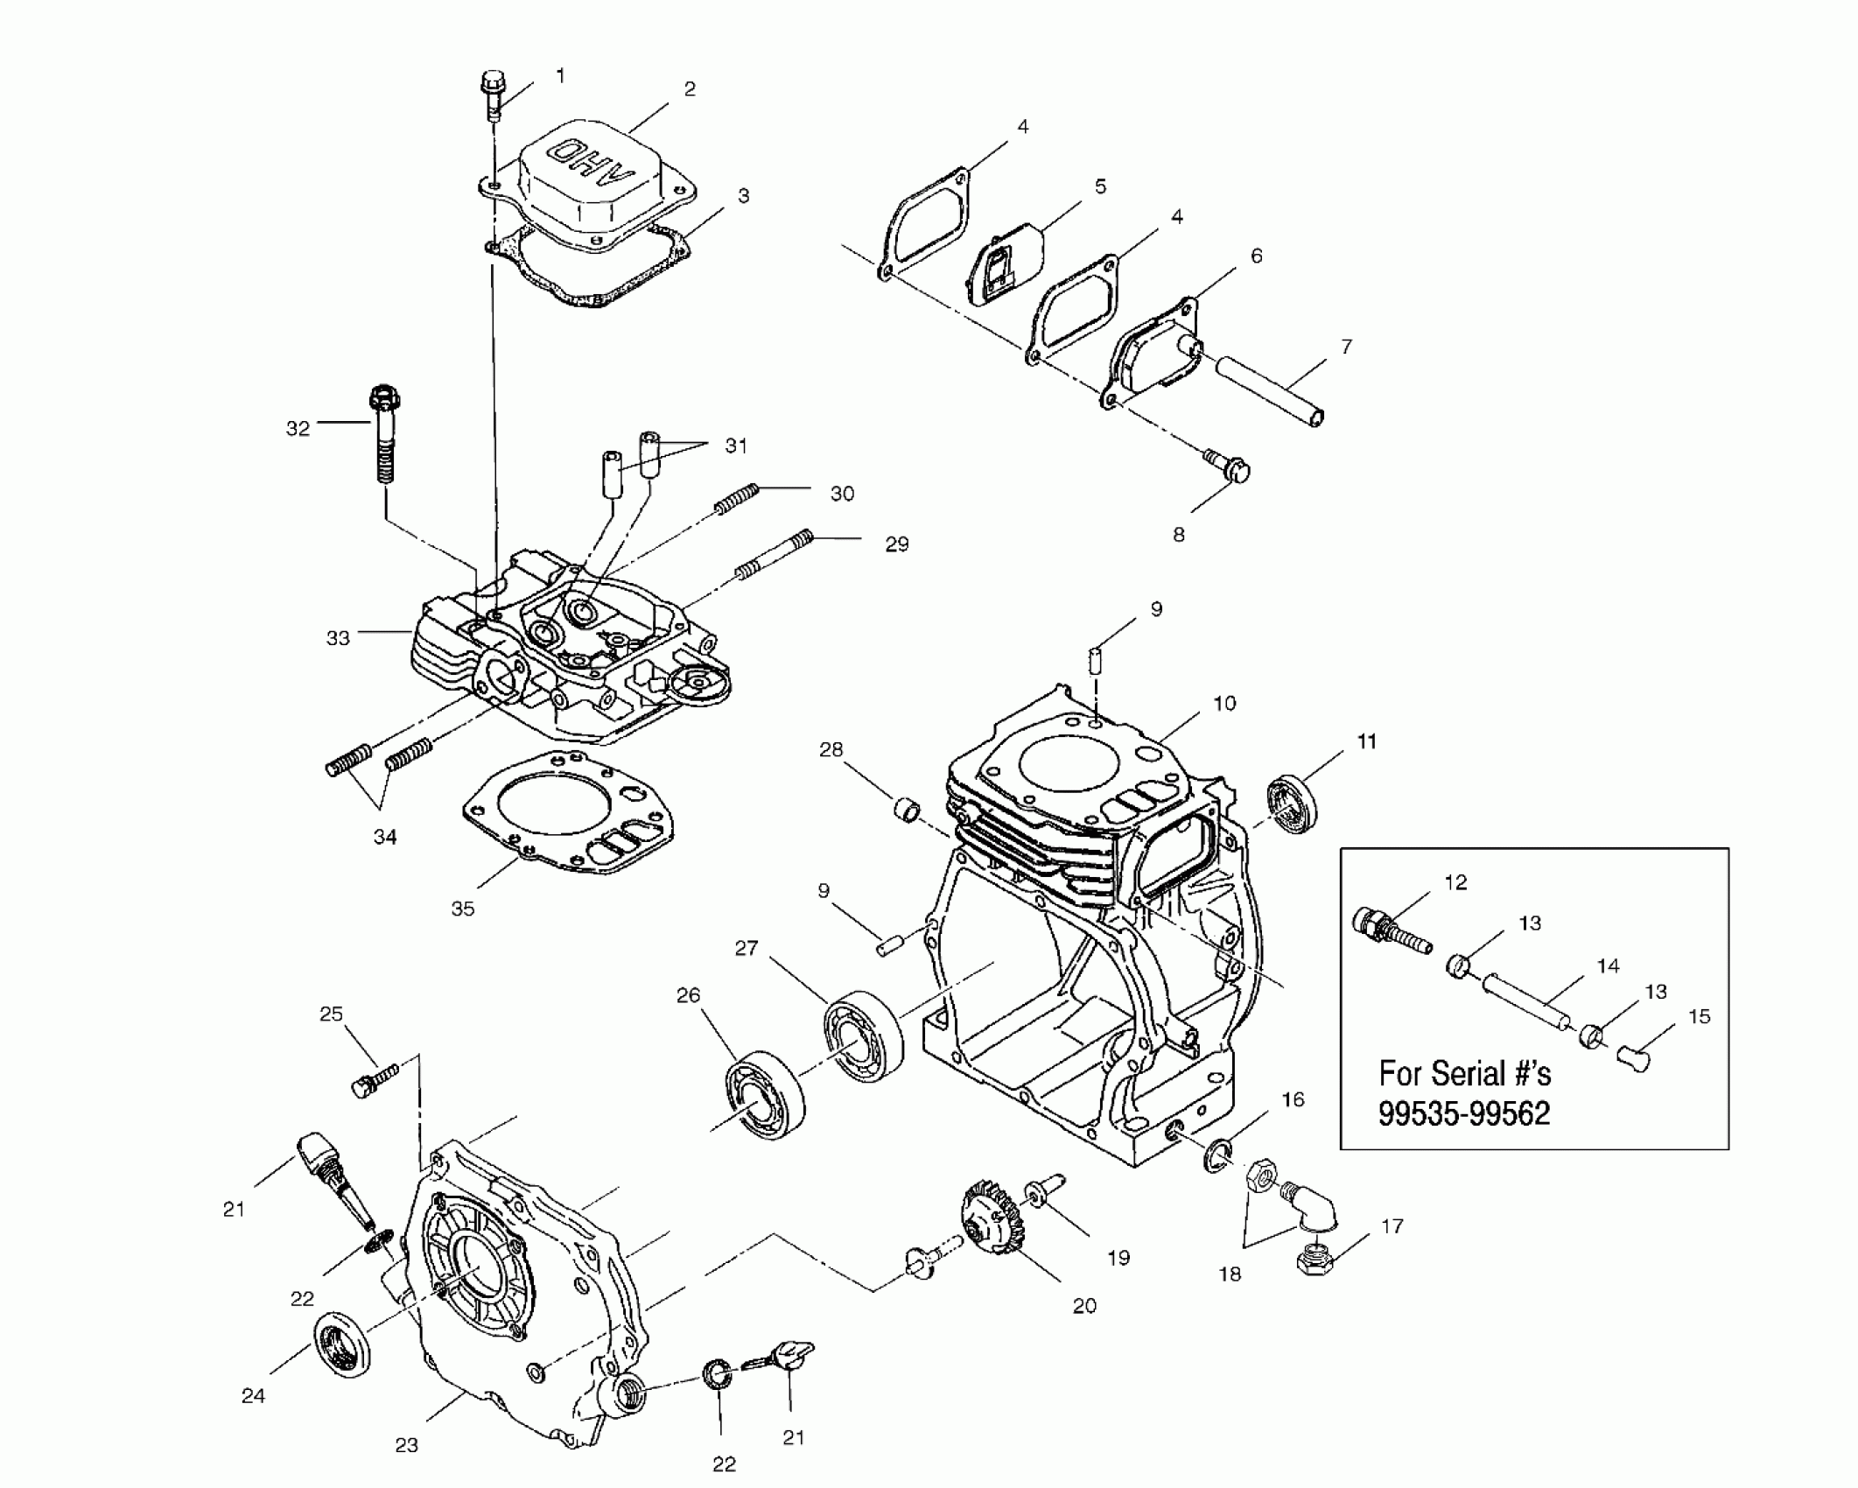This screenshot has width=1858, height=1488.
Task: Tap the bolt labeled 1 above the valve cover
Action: click(x=492, y=95)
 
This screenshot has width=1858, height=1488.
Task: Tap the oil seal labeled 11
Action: click(x=1294, y=803)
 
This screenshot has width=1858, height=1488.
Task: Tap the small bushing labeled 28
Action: click(x=906, y=810)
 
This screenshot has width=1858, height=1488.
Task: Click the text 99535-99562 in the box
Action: click(x=1464, y=1113)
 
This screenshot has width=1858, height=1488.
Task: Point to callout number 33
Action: click(x=338, y=638)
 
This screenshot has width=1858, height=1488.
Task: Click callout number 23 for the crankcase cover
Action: click(x=406, y=1444)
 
